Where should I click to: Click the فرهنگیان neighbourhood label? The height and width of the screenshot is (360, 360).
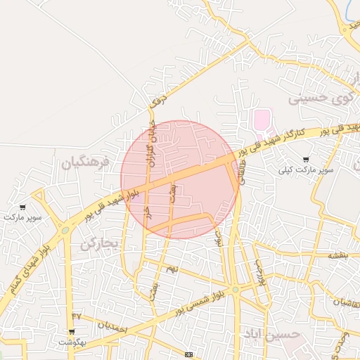[86, 163]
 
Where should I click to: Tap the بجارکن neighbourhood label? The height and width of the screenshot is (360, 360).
[101, 244]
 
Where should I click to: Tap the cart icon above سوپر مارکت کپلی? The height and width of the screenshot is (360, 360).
[305, 160]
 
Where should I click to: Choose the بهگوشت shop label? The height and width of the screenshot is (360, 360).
[71, 342]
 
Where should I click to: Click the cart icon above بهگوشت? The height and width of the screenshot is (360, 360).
[71, 332]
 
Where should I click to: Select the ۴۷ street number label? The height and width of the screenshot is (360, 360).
[77, 316]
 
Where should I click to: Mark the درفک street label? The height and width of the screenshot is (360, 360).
[161, 98]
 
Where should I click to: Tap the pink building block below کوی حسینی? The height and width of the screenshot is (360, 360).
[262, 119]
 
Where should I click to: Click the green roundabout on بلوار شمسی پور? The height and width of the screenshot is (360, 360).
[236, 289]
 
